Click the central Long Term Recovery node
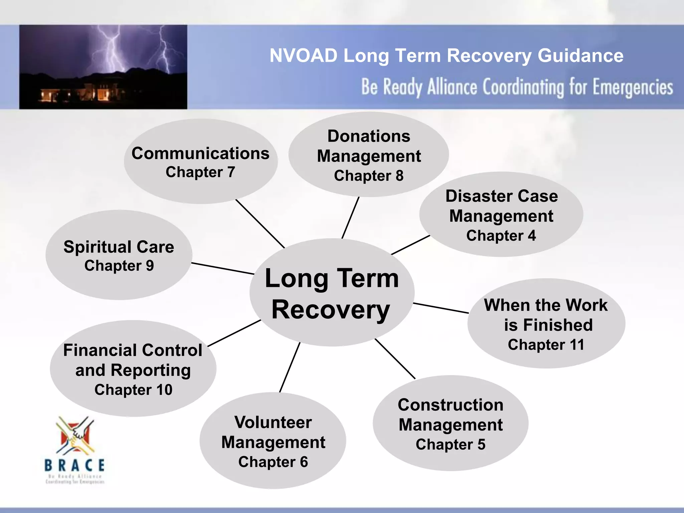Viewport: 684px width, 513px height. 332,293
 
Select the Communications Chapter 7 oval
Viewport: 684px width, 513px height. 200,162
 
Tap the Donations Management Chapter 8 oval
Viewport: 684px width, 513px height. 368,155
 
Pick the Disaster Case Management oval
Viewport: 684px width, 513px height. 501,215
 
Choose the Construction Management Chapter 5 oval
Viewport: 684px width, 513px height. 450,423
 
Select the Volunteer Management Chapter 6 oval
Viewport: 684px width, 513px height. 273,441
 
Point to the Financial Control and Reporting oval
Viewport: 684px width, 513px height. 133,369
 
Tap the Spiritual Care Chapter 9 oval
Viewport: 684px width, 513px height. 119,255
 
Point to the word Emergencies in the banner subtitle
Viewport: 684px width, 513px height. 633,88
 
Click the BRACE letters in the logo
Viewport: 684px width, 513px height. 75,465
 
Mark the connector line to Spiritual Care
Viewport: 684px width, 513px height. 223,269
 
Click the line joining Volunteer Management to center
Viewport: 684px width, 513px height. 290,367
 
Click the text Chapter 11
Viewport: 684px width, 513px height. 546,345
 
